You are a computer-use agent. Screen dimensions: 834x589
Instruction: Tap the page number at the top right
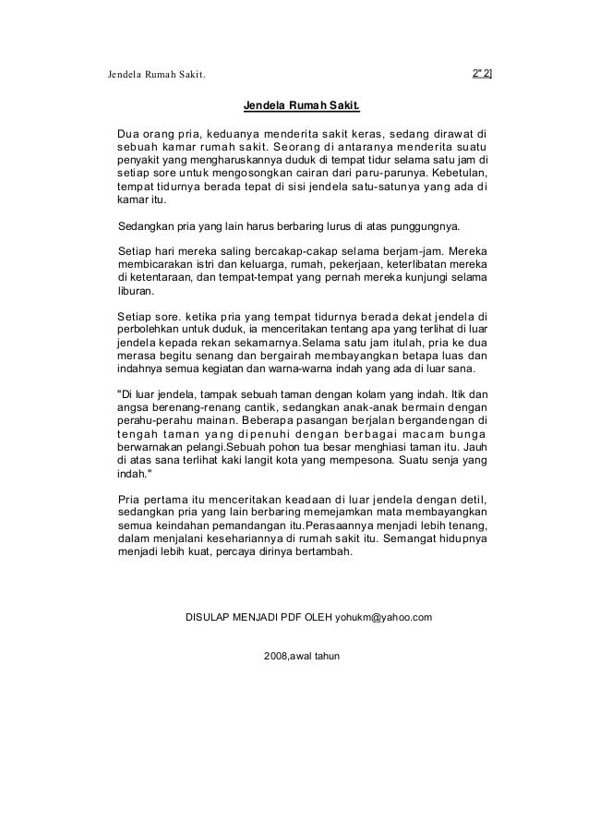pyautogui.click(x=482, y=73)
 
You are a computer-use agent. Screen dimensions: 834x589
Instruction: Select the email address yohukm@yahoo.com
pyautogui.click(x=383, y=615)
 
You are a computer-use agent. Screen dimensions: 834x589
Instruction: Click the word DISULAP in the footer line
pyautogui.click(x=210, y=615)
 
